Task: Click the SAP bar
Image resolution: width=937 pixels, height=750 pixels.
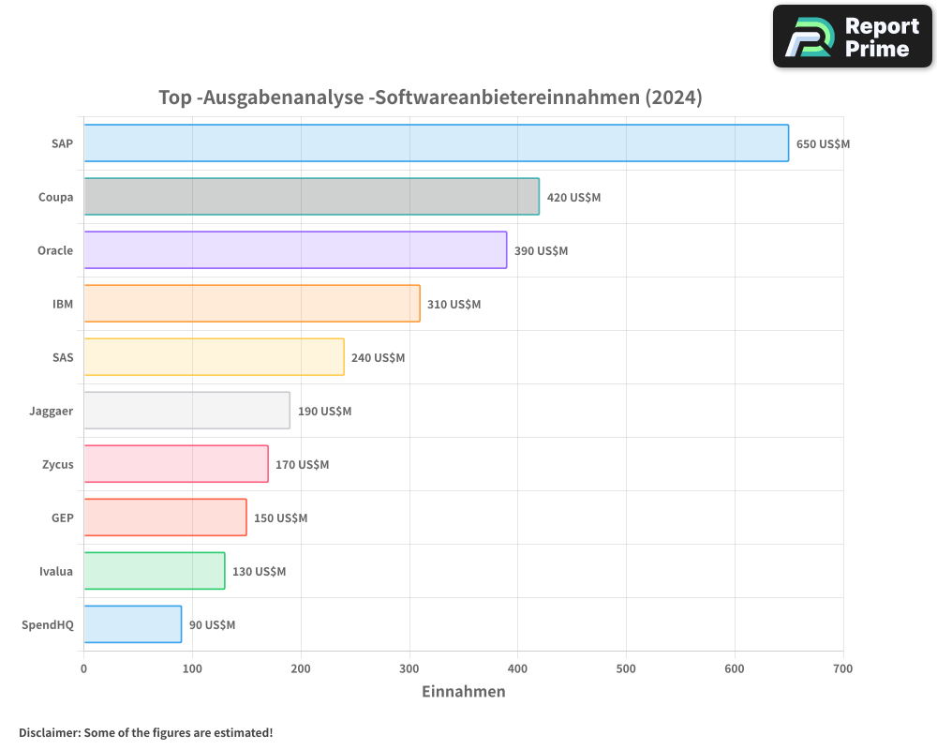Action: click(x=436, y=143)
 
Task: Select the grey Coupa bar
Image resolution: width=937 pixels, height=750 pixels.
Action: click(x=311, y=197)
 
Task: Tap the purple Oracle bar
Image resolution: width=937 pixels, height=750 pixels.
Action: click(x=295, y=250)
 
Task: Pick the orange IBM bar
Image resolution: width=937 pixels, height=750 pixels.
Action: click(x=252, y=304)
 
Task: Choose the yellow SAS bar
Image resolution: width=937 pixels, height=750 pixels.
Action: click(x=214, y=357)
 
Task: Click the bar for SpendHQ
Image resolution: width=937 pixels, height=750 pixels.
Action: click(x=132, y=624)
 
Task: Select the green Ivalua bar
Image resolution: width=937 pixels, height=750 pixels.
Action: click(x=154, y=571)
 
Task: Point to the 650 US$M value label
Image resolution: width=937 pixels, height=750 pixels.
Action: click(x=823, y=144)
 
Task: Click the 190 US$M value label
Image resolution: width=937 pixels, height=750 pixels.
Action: click(x=324, y=412)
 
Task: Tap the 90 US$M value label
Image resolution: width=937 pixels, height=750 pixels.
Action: click(x=212, y=625)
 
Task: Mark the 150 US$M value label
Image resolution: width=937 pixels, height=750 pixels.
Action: click(x=280, y=518)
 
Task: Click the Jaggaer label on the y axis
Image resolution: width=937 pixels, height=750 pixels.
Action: click(x=52, y=412)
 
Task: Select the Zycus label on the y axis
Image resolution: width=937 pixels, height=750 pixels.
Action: click(x=56, y=465)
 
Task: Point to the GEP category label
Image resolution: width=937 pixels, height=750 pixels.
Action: click(x=62, y=518)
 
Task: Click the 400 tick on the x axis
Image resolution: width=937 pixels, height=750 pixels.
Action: click(x=518, y=668)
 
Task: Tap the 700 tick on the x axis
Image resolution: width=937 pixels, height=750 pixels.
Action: click(x=842, y=668)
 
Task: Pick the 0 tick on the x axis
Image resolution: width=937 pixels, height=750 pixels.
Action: click(x=84, y=668)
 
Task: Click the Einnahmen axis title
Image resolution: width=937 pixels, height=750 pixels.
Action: click(x=463, y=692)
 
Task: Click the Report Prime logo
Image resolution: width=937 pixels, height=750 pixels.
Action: click(x=852, y=37)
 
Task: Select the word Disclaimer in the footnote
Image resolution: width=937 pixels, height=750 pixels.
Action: click(x=48, y=732)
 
